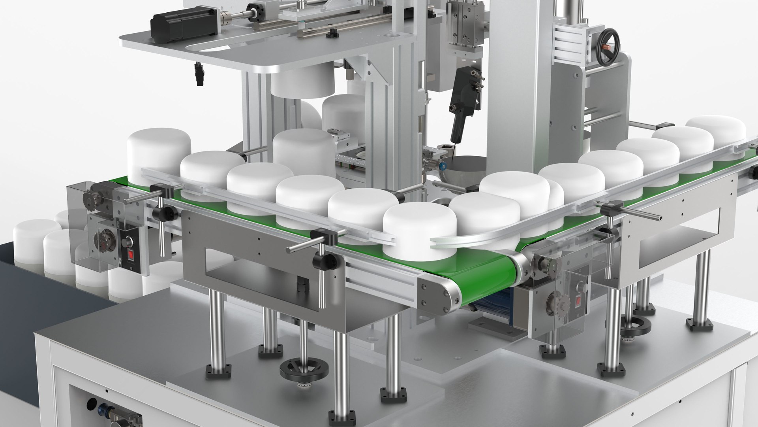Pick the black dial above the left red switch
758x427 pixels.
pos(129,241)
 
